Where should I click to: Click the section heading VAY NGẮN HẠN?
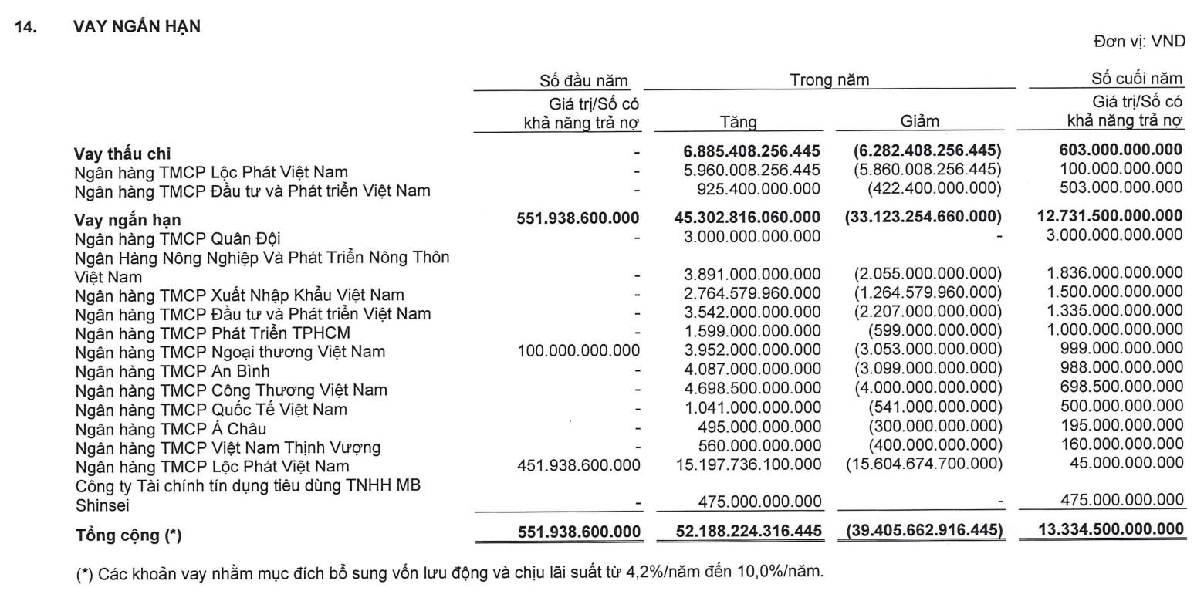tap(137, 25)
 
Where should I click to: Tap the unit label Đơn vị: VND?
tap(1138, 42)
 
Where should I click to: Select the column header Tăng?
tap(738, 121)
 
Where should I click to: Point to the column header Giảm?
tap(919, 121)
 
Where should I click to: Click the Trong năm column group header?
tap(829, 79)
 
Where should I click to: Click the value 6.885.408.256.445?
tap(746, 151)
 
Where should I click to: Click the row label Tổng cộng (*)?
tap(128, 534)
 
